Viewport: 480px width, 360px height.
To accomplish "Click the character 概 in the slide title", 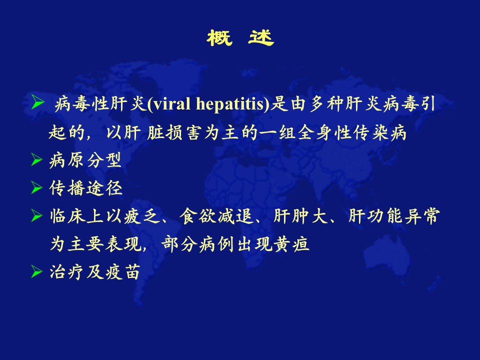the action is [x=219, y=38].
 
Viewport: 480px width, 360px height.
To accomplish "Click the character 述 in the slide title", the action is [x=261, y=38].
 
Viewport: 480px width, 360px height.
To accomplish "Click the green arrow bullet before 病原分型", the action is [x=36, y=159].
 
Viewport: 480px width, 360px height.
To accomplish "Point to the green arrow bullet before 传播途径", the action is [x=36, y=187].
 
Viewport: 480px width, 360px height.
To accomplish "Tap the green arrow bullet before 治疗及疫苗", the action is [x=36, y=272].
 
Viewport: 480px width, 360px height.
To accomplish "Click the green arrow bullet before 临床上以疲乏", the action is [x=36, y=216].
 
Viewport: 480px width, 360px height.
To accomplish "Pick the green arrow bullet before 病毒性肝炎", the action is [x=38, y=102].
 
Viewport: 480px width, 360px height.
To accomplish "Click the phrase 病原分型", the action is [x=85, y=160].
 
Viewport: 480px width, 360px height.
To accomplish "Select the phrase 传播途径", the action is [x=85, y=188].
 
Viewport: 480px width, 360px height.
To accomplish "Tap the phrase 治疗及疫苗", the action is [x=95, y=272].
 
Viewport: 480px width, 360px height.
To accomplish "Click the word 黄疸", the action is [x=291, y=244].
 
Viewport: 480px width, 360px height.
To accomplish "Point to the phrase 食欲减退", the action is [x=216, y=216].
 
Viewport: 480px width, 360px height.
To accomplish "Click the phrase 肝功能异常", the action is [x=394, y=216].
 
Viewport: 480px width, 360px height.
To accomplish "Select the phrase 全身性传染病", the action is [x=352, y=132].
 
